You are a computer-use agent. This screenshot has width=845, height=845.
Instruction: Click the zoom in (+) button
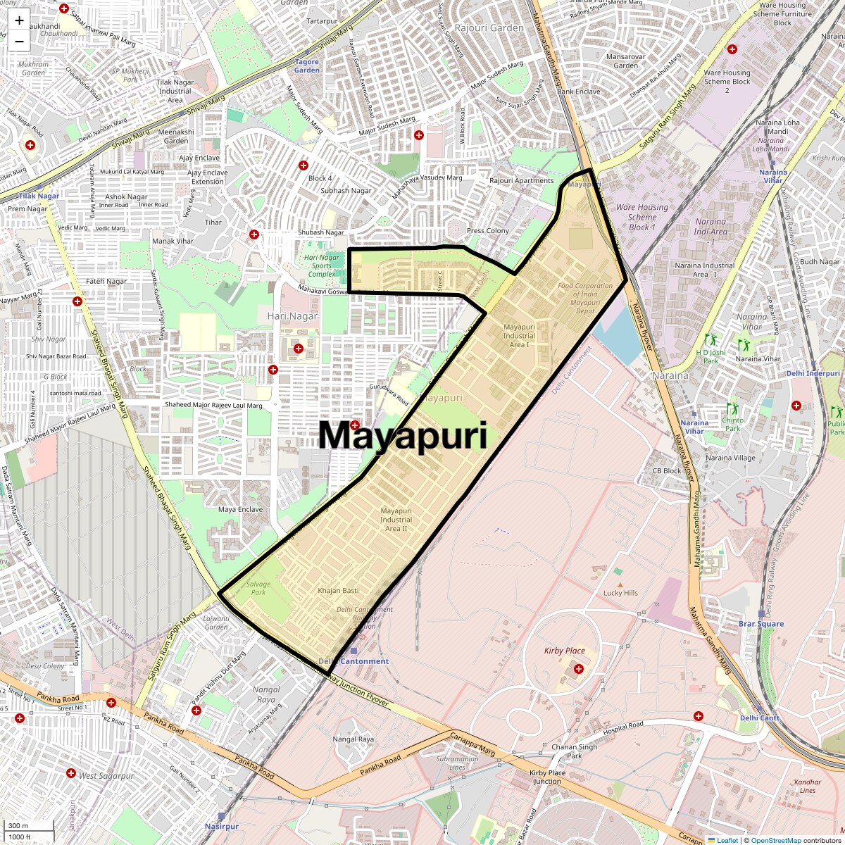pyautogui.click(x=19, y=20)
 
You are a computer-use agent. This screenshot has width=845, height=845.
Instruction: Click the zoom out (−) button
pyautogui.click(x=19, y=41)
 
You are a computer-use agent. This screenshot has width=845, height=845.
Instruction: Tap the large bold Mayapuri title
pyautogui.click(x=403, y=435)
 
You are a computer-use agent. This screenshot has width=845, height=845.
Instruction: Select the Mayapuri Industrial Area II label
pyautogui.click(x=396, y=520)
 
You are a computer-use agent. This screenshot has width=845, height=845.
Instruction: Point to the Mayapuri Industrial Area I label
pyautogui.click(x=519, y=336)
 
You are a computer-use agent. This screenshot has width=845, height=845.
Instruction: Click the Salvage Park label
pyautogui.click(x=258, y=588)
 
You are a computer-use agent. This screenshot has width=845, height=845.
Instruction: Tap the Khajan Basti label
pyautogui.click(x=338, y=591)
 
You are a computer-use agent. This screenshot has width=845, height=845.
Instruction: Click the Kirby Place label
pyautogui.click(x=564, y=651)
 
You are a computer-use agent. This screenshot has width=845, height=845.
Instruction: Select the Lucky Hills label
pyautogui.click(x=620, y=593)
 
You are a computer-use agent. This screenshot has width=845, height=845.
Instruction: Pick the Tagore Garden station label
pyautogui.click(x=307, y=66)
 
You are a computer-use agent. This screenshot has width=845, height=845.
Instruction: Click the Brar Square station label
pyautogui.click(x=761, y=624)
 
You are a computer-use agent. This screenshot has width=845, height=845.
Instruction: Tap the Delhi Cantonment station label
pyautogui.click(x=353, y=661)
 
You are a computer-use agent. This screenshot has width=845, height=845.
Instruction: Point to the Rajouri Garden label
pyautogui.click(x=489, y=28)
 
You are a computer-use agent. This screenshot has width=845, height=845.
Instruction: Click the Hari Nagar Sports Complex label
pyautogui.click(x=322, y=265)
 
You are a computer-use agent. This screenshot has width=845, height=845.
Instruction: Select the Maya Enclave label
pyautogui.click(x=240, y=509)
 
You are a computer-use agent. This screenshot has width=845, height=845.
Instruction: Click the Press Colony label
pyautogui.click(x=488, y=231)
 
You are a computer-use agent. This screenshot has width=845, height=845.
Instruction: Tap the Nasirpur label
pyautogui.click(x=222, y=826)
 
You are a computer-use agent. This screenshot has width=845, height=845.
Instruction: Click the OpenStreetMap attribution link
pyautogui.click(x=775, y=840)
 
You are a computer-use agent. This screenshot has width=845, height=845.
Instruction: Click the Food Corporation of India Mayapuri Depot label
pyautogui.click(x=585, y=299)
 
